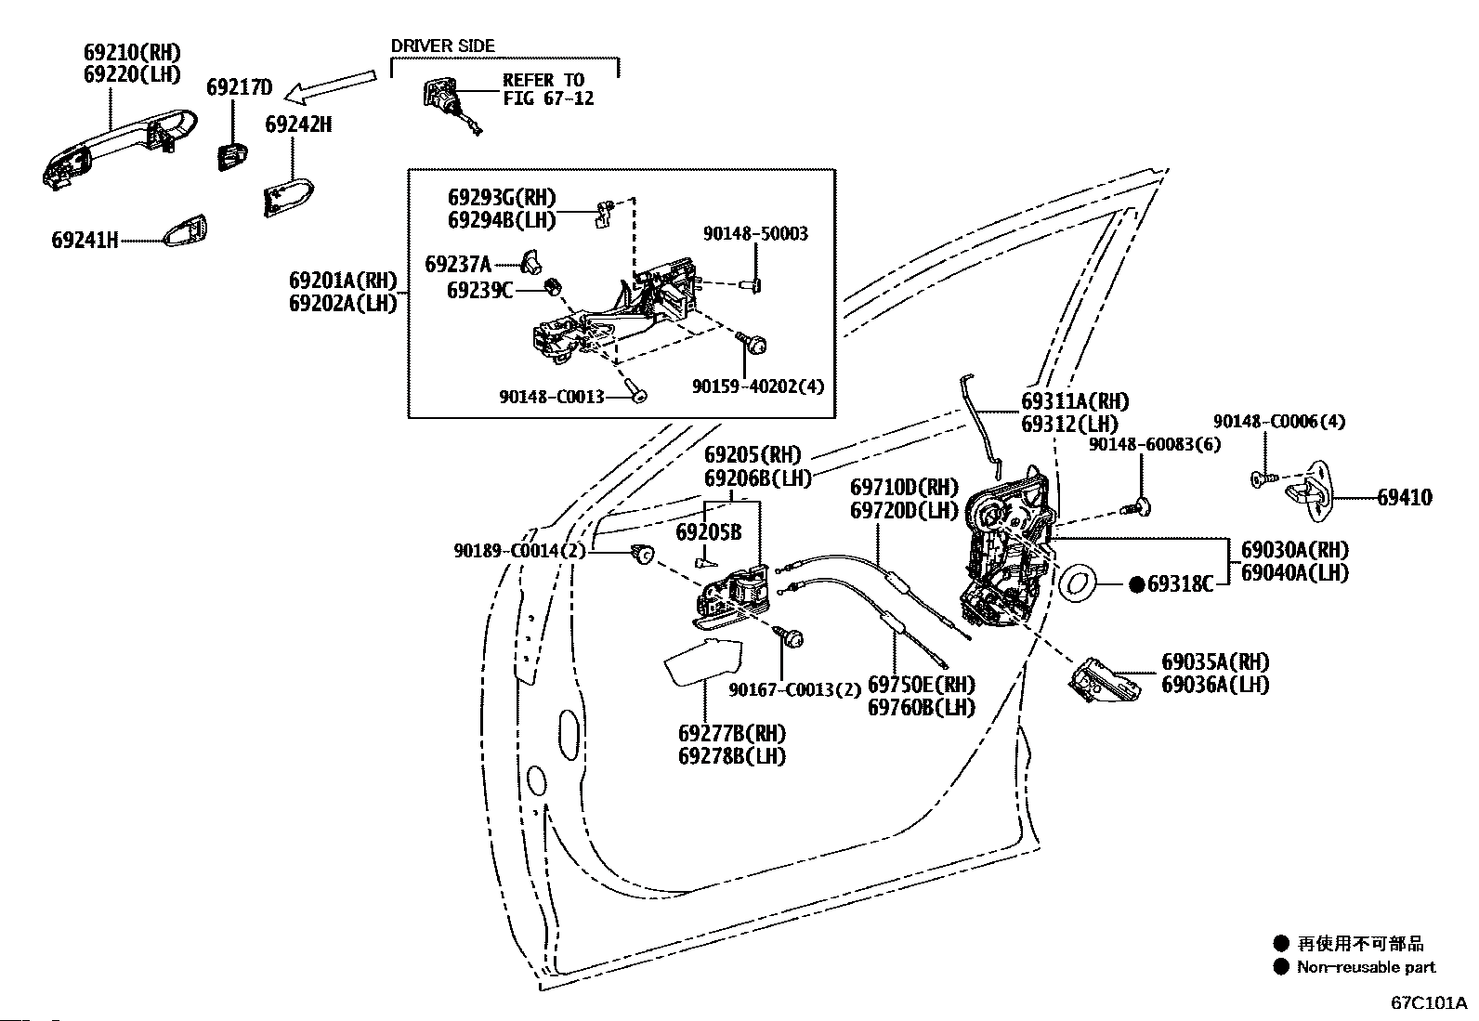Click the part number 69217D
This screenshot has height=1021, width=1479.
[x=239, y=87]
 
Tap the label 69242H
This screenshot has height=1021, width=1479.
[x=298, y=124]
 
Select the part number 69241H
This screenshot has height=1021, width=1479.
[x=85, y=240]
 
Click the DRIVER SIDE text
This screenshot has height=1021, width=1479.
[x=442, y=46]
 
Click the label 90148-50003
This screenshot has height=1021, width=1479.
[x=755, y=233]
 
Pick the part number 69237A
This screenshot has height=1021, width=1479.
[x=458, y=265]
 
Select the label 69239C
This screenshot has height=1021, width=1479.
[x=480, y=291]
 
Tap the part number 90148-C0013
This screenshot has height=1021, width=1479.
[x=551, y=397]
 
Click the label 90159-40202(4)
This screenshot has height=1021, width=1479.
[x=758, y=386]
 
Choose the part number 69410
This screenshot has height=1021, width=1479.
[x=1405, y=497]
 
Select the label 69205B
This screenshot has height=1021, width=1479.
[x=709, y=532]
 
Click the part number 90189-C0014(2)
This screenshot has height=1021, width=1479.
[x=519, y=551]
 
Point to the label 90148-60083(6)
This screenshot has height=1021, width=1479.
[x=1155, y=444]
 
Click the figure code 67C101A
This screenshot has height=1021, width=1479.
[x=1429, y=1002]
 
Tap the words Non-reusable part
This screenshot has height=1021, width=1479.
[x=1366, y=967]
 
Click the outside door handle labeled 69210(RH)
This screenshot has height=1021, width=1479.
[x=119, y=149]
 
